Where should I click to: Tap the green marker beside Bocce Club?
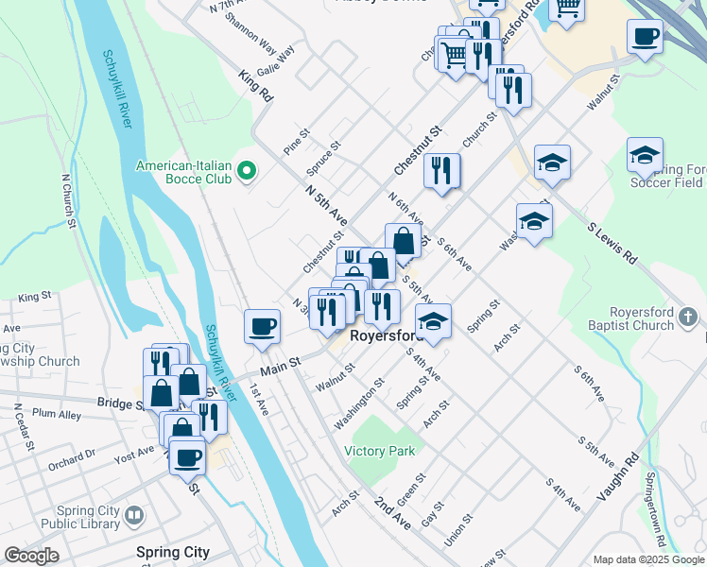pos(247,171)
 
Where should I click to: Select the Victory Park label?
pos(379,451)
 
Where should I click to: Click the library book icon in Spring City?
pos(134,516)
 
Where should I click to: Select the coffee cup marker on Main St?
pos(262,326)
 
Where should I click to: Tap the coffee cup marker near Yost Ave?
pos(186,456)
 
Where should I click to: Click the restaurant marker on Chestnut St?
pos(442,171)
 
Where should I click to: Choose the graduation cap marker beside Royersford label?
pos(433,321)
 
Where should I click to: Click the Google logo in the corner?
pos(31,556)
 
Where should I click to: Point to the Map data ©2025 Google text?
pos(648,559)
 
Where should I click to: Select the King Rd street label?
pos(255,86)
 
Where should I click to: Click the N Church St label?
pos(68,199)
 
